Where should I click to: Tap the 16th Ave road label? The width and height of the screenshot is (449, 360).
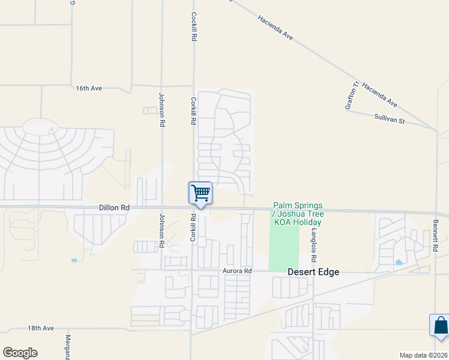click(x=89, y=88)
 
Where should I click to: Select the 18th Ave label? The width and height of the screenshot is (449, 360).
click(x=41, y=328)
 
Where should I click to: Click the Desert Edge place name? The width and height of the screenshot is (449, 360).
click(x=313, y=272)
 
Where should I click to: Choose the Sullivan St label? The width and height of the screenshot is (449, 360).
click(x=390, y=121)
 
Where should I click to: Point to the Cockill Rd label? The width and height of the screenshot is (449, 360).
click(x=194, y=26)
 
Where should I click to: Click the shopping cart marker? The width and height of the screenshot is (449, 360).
click(x=200, y=193)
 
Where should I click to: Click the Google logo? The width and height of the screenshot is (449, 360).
click(x=20, y=353)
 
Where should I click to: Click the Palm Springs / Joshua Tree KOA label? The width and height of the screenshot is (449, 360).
click(x=298, y=214)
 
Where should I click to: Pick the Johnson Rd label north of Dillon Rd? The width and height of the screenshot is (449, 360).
click(x=161, y=109)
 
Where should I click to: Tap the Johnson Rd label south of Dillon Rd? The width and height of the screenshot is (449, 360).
click(x=161, y=231)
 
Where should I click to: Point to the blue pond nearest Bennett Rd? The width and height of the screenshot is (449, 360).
click(x=399, y=262)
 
